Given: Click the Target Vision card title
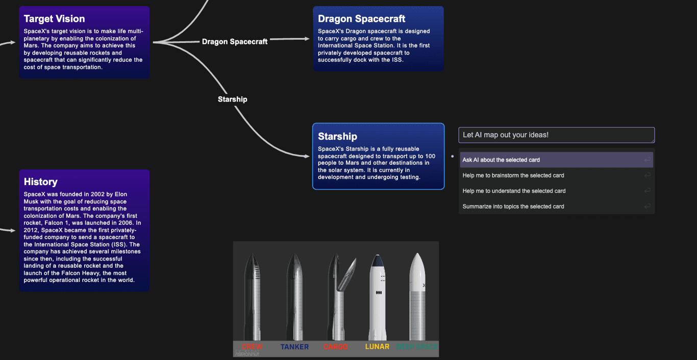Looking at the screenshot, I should (54, 19).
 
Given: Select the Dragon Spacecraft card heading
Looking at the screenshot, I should (361, 19).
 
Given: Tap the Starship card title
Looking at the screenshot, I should (337, 136).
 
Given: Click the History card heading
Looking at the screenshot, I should (40, 182).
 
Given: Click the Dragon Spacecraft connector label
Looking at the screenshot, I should (235, 42).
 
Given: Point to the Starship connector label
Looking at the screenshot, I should (232, 99).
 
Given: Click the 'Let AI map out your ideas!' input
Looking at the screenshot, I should (556, 135).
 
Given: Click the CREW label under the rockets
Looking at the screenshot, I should (252, 347).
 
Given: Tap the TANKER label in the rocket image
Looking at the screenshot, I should (294, 347).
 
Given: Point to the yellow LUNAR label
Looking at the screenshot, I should (377, 347).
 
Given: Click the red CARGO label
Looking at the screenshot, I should (336, 347).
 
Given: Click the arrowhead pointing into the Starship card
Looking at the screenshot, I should (307, 155).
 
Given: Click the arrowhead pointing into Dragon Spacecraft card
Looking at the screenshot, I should (307, 38).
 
